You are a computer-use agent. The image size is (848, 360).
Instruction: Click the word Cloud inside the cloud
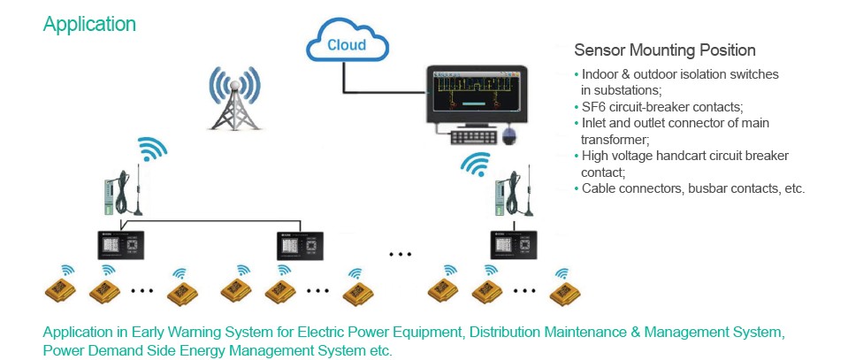[347, 45]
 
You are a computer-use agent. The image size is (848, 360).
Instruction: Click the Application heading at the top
[89, 25]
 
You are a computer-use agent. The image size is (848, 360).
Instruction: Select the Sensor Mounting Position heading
[665, 50]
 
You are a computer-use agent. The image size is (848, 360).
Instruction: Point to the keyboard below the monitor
[471, 137]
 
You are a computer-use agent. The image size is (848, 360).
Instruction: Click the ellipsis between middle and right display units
[401, 255]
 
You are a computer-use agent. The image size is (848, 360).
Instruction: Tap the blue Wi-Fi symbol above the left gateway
[152, 149]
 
